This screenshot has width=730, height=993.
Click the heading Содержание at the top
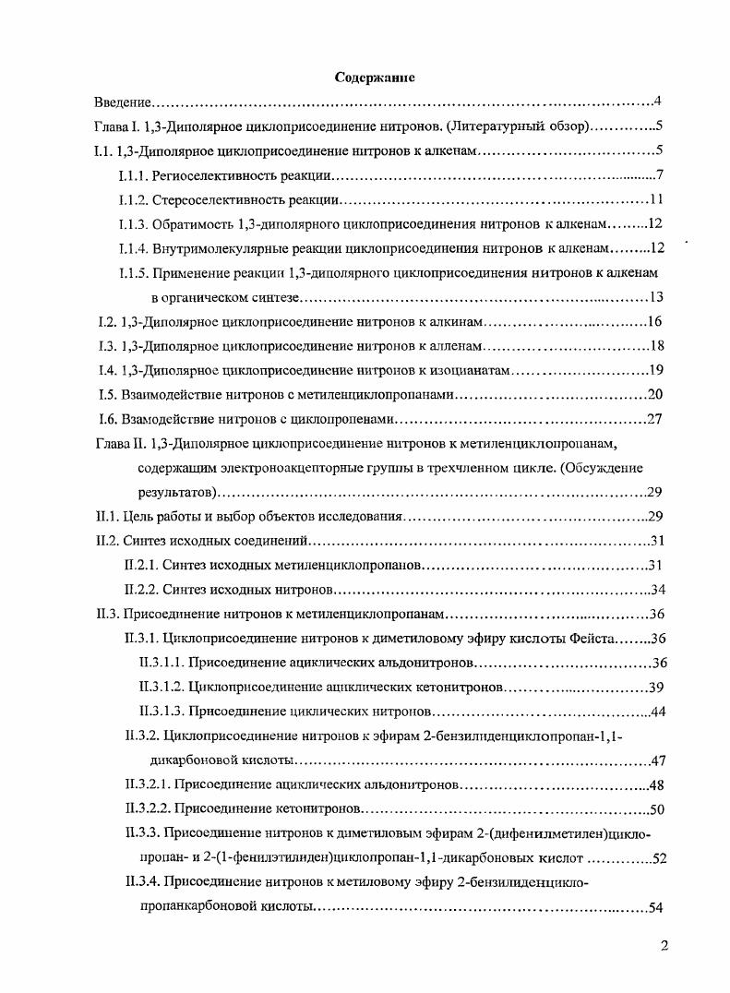click(x=374, y=78)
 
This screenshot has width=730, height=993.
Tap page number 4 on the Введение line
click(x=657, y=101)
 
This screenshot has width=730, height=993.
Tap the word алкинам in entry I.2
click(x=453, y=322)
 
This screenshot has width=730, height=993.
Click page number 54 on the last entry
click(x=656, y=907)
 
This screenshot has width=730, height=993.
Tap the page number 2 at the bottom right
click(x=664, y=944)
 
